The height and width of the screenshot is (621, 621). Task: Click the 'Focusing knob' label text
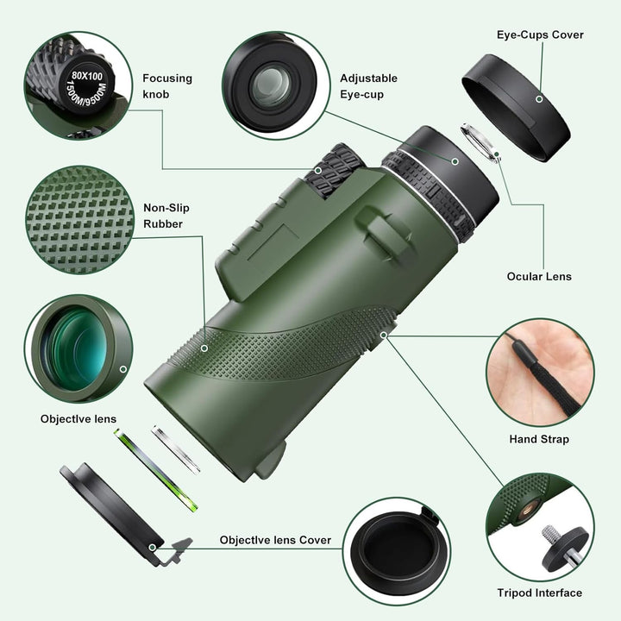166,86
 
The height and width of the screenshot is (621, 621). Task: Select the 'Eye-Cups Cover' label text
540,35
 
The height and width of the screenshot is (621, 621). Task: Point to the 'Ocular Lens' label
539,277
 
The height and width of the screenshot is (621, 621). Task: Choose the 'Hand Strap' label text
539,439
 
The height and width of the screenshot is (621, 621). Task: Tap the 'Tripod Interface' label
539,593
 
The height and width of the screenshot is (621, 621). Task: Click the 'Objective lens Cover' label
275,540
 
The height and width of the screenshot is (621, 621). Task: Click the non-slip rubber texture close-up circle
78,216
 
